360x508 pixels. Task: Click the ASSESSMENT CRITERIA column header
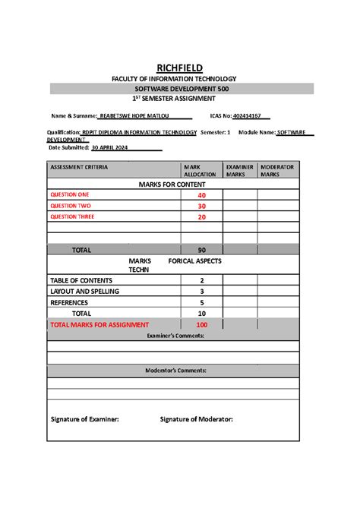click(79, 166)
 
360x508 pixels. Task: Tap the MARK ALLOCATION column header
click(200, 170)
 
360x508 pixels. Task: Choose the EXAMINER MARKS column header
click(238, 170)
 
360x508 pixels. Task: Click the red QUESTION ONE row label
click(69, 195)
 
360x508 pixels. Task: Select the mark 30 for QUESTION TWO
click(201, 206)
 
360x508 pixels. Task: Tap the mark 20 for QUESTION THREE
click(201, 216)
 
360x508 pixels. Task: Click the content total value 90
click(201, 249)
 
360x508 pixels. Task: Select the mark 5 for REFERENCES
click(201, 301)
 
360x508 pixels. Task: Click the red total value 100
click(201, 324)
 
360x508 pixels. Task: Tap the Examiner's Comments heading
click(173, 335)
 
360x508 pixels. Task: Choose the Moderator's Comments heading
click(173, 371)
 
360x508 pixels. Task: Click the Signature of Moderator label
click(196, 418)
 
